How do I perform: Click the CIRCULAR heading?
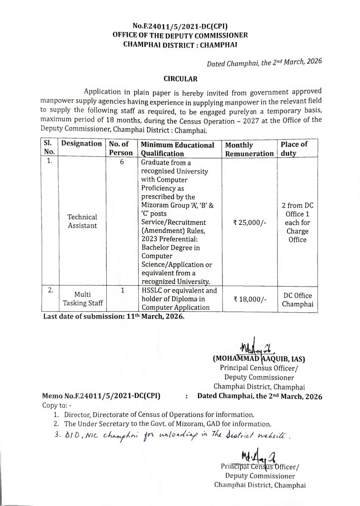(x=180, y=78)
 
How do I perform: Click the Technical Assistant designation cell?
(x=83, y=222)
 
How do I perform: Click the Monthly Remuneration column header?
(x=249, y=149)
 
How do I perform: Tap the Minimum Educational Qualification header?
(x=178, y=149)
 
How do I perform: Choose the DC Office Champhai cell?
(x=297, y=299)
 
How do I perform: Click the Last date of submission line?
(x=114, y=317)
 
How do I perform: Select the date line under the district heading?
(x=265, y=61)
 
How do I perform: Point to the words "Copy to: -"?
(x=57, y=406)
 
